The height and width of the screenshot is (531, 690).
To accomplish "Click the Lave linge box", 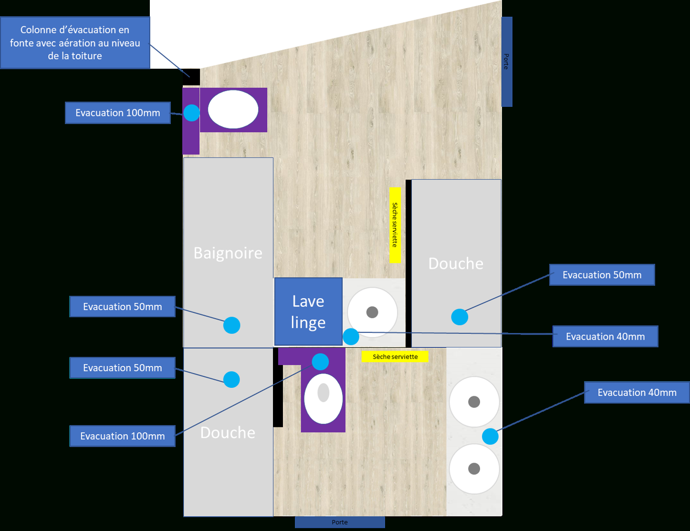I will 308,312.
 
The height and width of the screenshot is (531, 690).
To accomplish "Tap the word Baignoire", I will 228,253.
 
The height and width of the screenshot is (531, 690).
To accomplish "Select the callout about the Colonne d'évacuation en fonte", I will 75,43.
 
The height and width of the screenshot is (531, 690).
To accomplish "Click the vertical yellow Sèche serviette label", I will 395,225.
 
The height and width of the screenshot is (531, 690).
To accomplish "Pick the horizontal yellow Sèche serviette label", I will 395,356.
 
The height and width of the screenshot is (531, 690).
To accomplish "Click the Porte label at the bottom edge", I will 340,522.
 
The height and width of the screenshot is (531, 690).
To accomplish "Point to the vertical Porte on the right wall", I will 507,62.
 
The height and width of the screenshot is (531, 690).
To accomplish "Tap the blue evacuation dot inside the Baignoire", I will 232,325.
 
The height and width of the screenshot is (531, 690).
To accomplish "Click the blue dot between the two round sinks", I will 490,436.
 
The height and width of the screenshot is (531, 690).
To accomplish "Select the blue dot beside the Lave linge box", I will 351,336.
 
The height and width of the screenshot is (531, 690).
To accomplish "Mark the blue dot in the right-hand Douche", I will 460,317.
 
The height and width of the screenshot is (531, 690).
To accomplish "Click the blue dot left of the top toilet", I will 192,113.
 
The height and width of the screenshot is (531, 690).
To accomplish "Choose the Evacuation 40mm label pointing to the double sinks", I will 637,393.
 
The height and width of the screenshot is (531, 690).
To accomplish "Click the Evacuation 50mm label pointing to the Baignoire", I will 122,307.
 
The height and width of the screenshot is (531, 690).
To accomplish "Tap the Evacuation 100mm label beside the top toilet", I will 117,113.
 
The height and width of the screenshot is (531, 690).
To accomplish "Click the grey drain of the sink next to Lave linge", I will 372,312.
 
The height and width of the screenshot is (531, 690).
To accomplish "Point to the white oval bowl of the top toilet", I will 233,109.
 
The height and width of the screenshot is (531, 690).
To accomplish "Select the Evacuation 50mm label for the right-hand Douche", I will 602,275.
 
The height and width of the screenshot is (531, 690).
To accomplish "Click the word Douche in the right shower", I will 456,263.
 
